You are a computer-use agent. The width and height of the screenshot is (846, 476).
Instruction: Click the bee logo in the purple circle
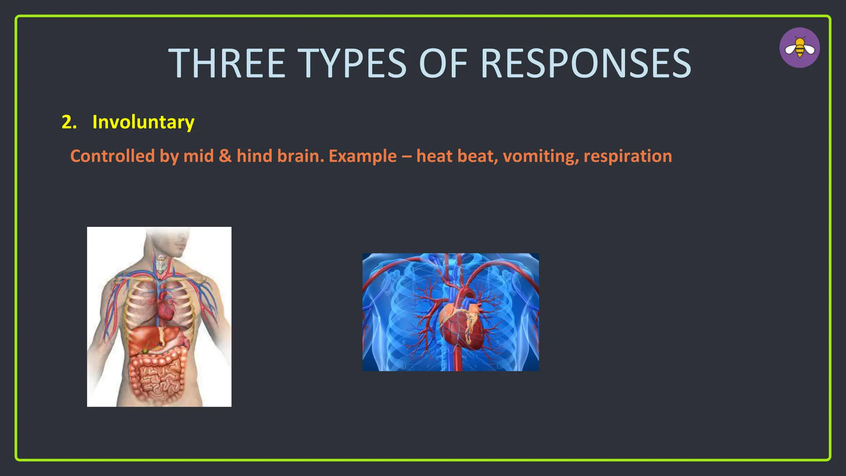pyautogui.click(x=800, y=48)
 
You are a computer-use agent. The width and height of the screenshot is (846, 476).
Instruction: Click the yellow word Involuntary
pyautogui.click(x=143, y=122)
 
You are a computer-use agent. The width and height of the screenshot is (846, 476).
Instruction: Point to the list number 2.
pyautogui.click(x=69, y=122)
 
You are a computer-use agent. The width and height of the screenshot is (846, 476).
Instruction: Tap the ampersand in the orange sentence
pyautogui.click(x=225, y=156)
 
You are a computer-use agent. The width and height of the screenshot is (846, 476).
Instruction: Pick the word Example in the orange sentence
pyautogui.click(x=362, y=156)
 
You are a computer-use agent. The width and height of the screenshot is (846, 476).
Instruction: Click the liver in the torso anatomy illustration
pyautogui.click(x=145, y=339)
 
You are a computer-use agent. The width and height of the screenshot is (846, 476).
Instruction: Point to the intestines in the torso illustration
pyautogui.click(x=157, y=376)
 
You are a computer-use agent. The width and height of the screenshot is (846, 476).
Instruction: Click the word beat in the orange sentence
pyautogui.click(x=480, y=156)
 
